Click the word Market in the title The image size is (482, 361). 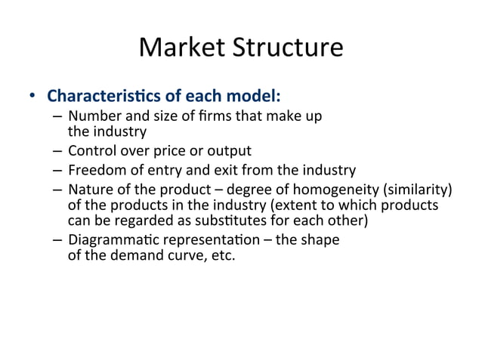180,48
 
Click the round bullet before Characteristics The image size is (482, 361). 32,97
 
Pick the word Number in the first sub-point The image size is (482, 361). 91,116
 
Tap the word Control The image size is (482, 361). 91,150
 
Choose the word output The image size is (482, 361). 226,150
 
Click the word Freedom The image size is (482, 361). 94,170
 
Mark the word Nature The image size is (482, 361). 88,189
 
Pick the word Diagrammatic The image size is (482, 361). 107,240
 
